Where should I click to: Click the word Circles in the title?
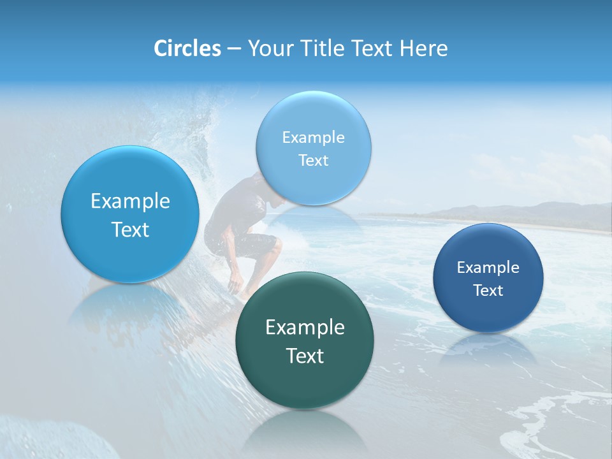[x=187, y=48]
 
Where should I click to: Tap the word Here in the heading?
[x=424, y=48]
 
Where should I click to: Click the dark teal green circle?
[x=304, y=340]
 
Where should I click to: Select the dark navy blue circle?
[x=488, y=278]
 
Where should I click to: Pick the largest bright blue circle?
[x=130, y=215]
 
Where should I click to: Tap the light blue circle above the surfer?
[x=314, y=148]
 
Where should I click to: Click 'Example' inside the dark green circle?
[x=305, y=328]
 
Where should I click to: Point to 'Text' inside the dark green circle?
[x=305, y=356]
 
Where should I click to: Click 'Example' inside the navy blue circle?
[x=488, y=268]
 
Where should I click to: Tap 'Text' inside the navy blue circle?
[x=488, y=291]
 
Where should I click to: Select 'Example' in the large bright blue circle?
[x=130, y=201]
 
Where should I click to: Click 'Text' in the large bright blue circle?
[x=130, y=229]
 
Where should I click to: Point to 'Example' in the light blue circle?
[x=314, y=137]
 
